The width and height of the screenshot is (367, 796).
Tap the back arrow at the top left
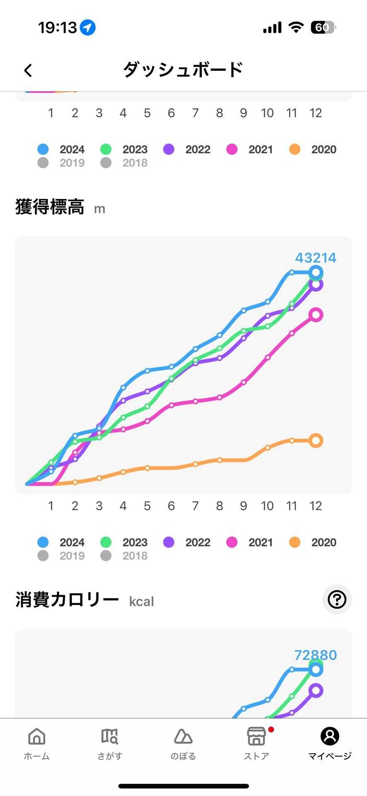click(28, 70)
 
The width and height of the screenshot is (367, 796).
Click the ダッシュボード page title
click(183, 70)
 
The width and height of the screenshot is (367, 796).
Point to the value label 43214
click(316, 258)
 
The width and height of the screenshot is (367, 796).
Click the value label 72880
click(316, 655)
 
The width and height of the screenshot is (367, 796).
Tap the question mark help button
click(337, 599)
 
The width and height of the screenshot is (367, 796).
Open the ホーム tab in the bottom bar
click(37, 744)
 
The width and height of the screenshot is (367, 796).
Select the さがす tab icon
click(110, 737)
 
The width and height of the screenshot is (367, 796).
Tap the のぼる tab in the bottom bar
click(183, 744)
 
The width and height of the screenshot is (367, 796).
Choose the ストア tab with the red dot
click(256, 744)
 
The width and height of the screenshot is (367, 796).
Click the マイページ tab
click(330, 744)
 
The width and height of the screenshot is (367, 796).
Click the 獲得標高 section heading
click(50, 207)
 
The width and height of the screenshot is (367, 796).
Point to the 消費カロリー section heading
click(67, 600)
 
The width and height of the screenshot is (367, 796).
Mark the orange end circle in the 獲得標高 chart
click(316, 440)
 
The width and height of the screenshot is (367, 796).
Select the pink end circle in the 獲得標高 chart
click(316, 315)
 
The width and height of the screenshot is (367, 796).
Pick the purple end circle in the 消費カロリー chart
click(316, 691)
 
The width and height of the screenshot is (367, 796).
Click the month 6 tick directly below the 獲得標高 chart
click(171, 506)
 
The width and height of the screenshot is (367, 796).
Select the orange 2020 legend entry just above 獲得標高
click(313, 149)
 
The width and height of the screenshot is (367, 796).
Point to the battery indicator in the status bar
click(323, 28)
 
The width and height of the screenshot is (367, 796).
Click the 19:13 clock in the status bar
click(58, 28)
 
